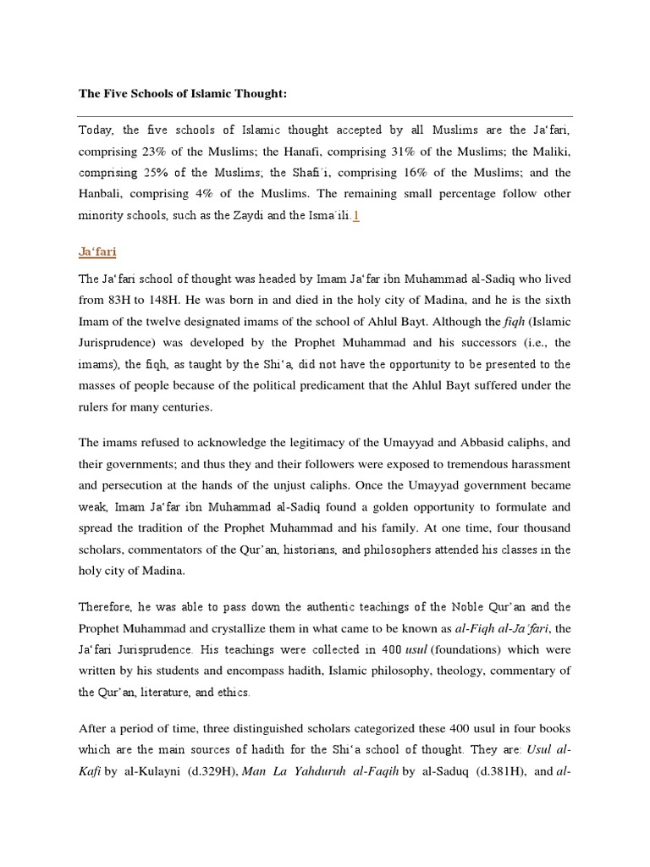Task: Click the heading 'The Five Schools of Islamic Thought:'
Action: point(183,93)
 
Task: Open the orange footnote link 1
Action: point(356,216)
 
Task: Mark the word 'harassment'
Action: point(536,464)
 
